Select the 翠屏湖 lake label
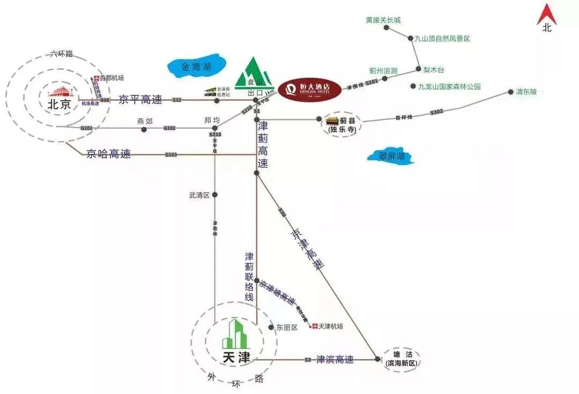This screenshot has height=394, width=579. (x=391, y=157)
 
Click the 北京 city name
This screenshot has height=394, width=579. (x=59, y=105)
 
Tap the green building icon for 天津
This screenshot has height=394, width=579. (x=236, y=333)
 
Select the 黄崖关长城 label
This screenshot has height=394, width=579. (x=383, y=20)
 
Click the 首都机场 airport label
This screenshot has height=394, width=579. (x=112, y=78)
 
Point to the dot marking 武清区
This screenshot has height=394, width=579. (x=214, y=195)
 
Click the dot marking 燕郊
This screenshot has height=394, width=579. (x=144, y=129)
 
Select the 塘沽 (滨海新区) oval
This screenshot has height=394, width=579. (x=402, y=359)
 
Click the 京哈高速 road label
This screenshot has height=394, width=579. (x=108, y=154)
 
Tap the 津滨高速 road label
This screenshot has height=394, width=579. (x=335, y=359)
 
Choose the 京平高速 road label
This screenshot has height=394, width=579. (x=139, y=99)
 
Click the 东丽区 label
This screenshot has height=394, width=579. (x=286, y=328)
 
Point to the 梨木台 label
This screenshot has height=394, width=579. (x=434, y=70)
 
